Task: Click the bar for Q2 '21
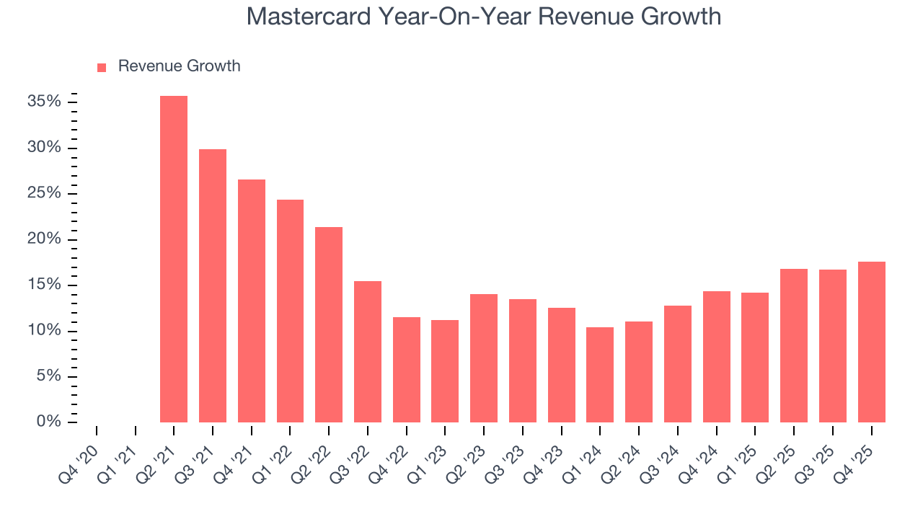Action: (x=174, y=259)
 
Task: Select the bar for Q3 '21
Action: (x=213, y=285)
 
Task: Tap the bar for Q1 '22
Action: (x=290, y=311)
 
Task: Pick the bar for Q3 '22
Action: (x=368, y=352)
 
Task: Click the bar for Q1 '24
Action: (x=600, y=375)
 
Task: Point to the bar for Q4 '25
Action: (x=871, y=342)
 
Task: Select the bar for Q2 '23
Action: (x=484, y=358)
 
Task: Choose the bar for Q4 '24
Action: (x=716, y=357)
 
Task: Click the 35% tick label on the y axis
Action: (x=44, y=102)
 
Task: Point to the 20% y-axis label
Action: (x=44, y=239)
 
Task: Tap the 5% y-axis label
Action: (x=48, y=376)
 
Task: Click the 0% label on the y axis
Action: (x=48, y=422)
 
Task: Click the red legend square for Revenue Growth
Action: (x=102, y=67)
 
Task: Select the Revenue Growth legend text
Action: (x=179, y=66)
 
